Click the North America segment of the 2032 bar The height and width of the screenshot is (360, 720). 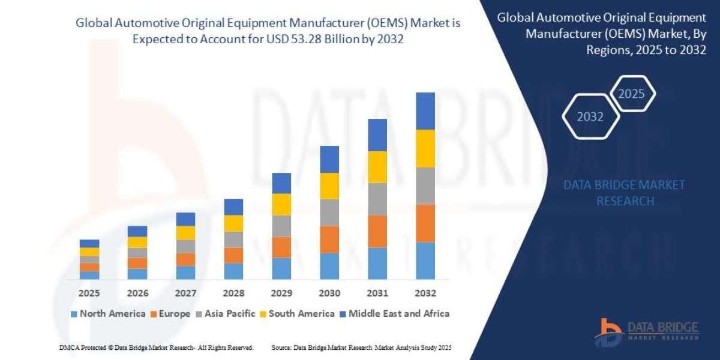click(x=425, y=260)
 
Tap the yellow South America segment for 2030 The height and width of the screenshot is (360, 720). click(x=329, y=186)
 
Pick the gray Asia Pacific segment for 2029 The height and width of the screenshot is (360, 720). click(x=281, y=226)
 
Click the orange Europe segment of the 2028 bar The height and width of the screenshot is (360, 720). click(x=233, y=255)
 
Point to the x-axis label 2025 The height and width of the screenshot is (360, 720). click(x=89, y=293)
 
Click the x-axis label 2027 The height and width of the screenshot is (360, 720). click(x=185, y=293)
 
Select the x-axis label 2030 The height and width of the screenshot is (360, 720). click(x=329, y=293)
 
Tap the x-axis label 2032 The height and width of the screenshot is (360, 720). click(x=425, y=293)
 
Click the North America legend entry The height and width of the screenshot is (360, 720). click(x=108, y=313)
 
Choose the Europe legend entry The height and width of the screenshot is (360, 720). click(x=171, y=313)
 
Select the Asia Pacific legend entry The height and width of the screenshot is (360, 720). click(x=225, y=313)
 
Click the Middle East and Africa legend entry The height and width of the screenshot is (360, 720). click(x=394, y=313)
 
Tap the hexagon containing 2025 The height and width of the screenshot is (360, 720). click(x=631, y=94)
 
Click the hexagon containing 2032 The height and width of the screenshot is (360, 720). click(x=590, y=117)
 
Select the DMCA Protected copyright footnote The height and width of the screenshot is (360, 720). click(x=157, y=347)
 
